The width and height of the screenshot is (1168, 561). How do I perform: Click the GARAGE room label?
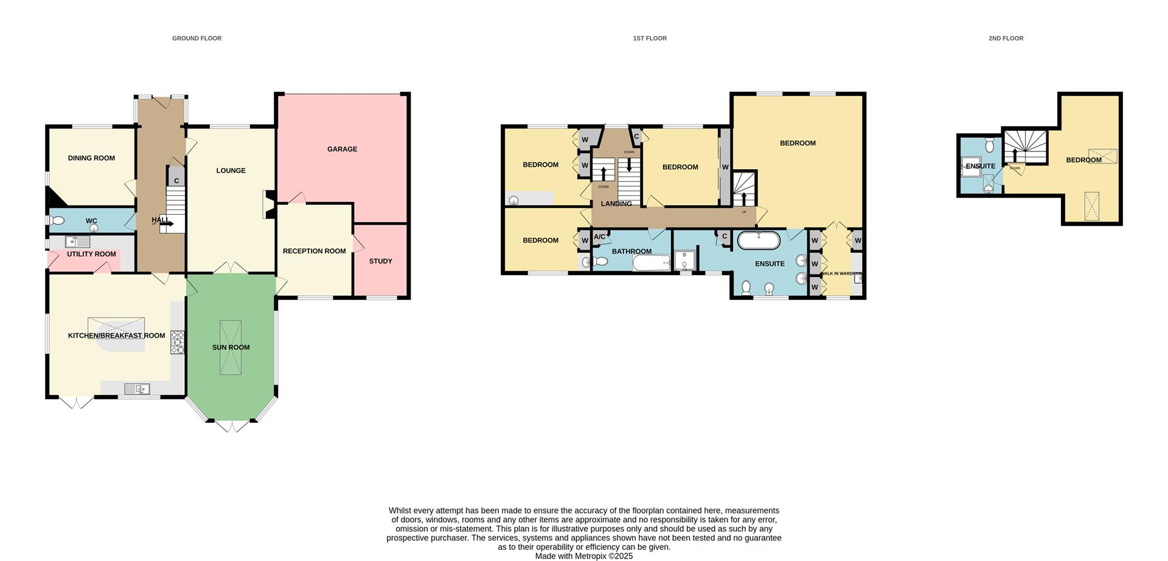click(342, 149)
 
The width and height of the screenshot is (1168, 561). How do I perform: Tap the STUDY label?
click(381, 261)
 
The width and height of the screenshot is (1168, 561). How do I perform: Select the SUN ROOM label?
click(231, 347)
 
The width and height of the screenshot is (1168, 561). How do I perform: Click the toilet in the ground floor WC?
click(56, 221)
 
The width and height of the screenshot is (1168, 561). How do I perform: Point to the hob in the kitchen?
click(178, 343)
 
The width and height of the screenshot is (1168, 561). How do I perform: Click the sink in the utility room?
click(78, 242)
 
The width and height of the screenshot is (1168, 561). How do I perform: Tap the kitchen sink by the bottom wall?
click(137, 389)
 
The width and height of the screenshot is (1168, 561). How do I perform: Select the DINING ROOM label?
click(91, 158)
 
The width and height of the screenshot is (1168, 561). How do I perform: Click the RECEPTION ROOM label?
click(314, 251)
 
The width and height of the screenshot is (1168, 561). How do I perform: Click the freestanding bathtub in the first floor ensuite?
click(759, 240)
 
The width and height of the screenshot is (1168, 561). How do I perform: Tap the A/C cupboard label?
click(599, 237)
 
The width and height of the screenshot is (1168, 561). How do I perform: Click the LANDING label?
click(616, 204)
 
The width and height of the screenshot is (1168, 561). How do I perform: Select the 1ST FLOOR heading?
click(650, 38)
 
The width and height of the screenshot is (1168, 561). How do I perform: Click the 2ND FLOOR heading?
click(1006, 38)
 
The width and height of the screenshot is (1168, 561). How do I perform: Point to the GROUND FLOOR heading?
click(196, 38)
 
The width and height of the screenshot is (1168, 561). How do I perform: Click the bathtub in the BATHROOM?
click(652, 263)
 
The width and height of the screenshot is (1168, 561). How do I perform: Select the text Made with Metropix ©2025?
click(583, 556)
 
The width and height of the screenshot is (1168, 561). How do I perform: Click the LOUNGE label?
click(231, 170)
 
